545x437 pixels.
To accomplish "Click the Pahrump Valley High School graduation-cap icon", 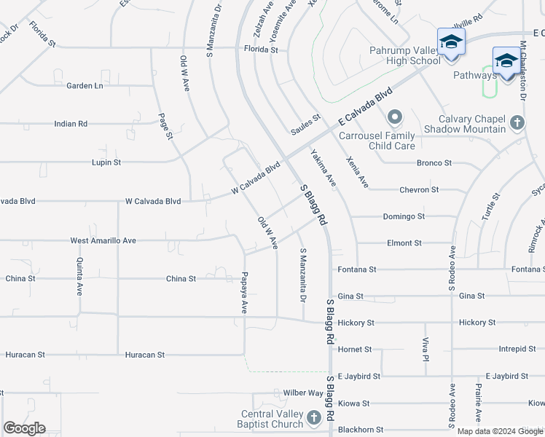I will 450,41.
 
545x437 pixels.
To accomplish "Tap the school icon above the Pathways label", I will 506,60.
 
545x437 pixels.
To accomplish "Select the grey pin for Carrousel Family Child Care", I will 395,117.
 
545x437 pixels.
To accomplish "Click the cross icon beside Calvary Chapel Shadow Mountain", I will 517,122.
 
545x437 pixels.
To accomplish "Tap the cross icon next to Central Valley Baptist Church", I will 314,417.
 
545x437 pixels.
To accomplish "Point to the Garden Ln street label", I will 85,85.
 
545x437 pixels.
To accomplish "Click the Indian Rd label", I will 71,124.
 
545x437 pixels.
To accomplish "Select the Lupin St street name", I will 106,162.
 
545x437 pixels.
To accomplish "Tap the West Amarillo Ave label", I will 103,240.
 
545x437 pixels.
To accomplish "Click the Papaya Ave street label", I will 245,293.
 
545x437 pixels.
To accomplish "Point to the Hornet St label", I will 356,350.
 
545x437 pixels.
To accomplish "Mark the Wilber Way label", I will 303,393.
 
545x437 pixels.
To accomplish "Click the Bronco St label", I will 434,162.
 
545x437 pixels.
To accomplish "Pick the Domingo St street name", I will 402,216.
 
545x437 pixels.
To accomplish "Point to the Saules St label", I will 305,117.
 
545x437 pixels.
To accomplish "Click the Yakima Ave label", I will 323,168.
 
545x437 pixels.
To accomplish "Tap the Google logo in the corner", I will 24,428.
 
